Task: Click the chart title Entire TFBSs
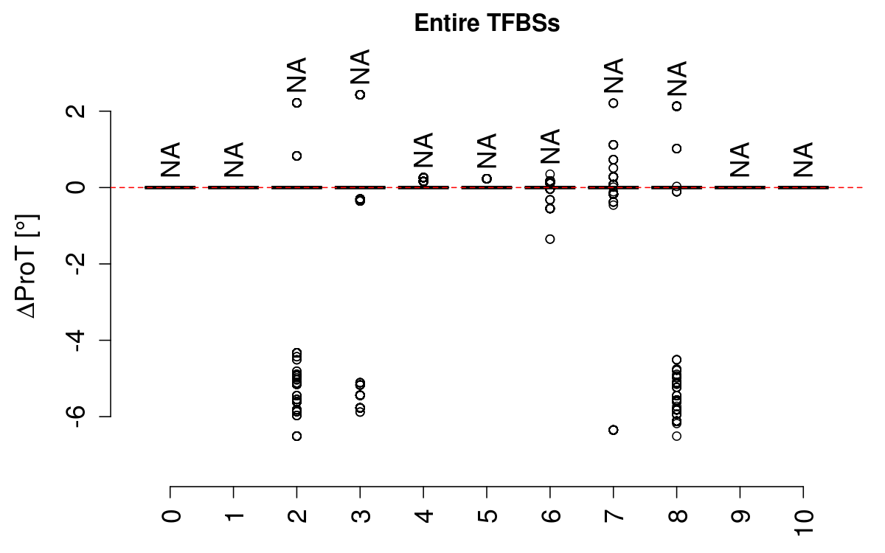tap(487, 24)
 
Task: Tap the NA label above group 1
tap(234, 159)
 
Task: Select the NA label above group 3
tap(360, 67)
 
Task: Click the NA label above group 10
tap(803, 159)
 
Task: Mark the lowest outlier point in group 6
tap(550, 239)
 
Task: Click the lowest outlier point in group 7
tap(614, 430)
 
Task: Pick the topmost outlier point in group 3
tap(360, 94)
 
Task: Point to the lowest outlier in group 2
tap(296, 436)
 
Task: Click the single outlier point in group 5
tap(487, 178)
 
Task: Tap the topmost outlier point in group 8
tap(676, 106)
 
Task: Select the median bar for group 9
tap(740, 187)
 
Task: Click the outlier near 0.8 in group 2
tap(296, 156)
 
